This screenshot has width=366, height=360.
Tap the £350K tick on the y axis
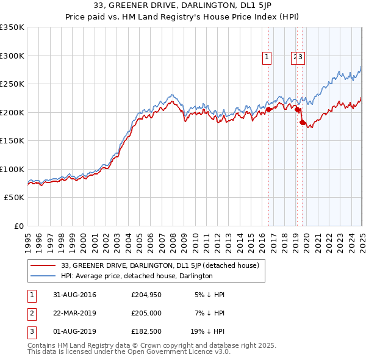pyautogui.click(x=12, y=27)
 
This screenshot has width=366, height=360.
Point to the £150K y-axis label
pyautogui.click(x=12, y=141)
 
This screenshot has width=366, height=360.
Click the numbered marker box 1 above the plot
pyautogui.click(x=267, y=58)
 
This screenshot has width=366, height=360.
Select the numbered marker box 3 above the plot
pyautogui.click(x=301, y=58)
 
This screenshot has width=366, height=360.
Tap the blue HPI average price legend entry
pyautogui.click(x=137, y=276)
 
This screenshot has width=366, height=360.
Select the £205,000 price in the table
pyautogui.click(x=146, y=314)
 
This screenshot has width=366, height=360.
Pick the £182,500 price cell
pyautogui.click(x=146, y=333)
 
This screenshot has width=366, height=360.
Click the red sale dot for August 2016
pyautogui.click(x=268, y=110)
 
